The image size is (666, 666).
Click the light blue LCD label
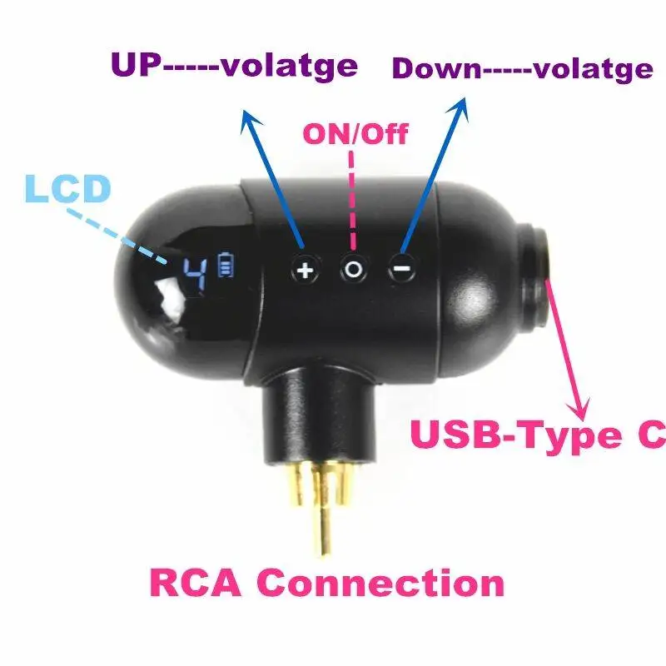(x=67, y=188)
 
